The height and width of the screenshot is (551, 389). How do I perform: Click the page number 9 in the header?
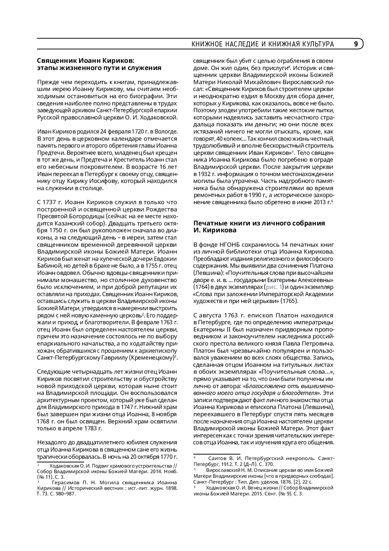coord(356,44)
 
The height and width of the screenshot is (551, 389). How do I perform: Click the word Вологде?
coord(166,131)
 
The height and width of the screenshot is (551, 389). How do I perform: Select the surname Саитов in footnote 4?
coord(217,458)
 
